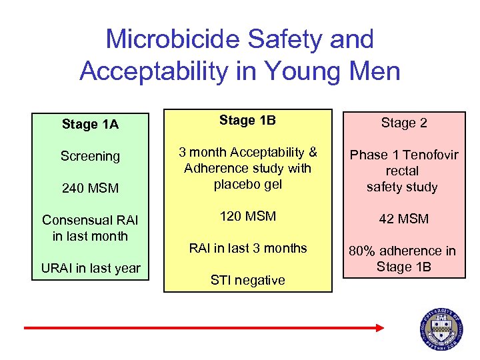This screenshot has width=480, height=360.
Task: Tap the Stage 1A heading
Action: click(90, 123)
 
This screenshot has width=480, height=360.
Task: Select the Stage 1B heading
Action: click(247, 121)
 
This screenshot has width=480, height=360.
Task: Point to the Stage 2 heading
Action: click(404, 123)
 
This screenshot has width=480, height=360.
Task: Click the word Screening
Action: click(90, 156)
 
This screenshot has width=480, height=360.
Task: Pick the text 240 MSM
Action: click(90, 188)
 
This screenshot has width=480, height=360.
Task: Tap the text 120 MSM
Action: click(247, 216)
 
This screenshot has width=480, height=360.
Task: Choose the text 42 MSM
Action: click(404, 219)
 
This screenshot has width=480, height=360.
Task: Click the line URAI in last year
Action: click(90, 268)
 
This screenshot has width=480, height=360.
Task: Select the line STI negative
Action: click(247, 280)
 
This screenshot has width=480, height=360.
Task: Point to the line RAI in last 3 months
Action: click(247, 248)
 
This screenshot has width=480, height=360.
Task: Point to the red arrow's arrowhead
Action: click(379, 327)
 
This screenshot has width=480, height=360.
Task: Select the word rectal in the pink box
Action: click(402, 171)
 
